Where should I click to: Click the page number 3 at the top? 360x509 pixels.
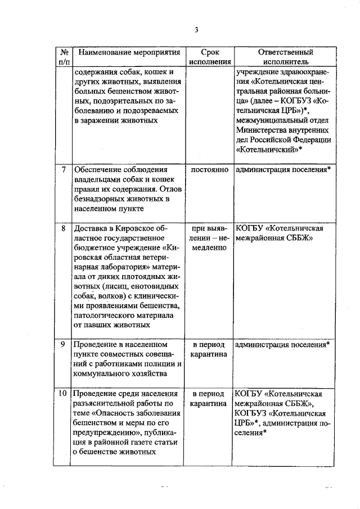click(x=196, y=30)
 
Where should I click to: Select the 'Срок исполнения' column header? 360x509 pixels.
click(x=210, y=57)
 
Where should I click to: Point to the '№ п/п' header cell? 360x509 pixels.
click(x=64, y=57)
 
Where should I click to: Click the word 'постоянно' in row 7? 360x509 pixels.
click(x=210, y=169)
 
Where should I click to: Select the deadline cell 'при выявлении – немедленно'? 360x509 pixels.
click(x=210, y=239)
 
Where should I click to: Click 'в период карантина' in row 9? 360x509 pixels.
click(x=210, y=349)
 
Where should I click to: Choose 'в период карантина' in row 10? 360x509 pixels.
click(x=210, y=398)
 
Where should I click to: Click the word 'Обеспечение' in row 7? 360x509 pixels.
click(x=97, y=169)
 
